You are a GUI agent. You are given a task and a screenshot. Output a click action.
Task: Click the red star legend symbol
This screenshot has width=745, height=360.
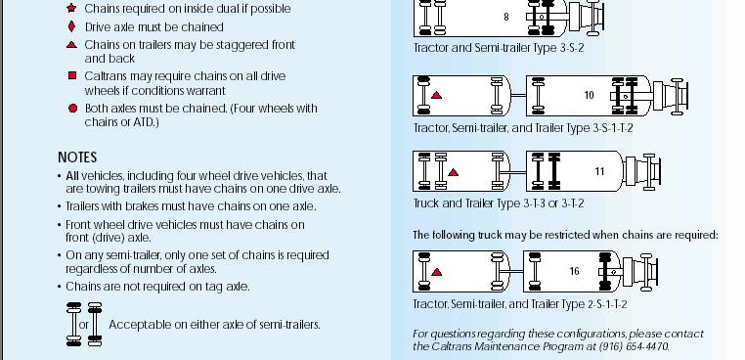71,8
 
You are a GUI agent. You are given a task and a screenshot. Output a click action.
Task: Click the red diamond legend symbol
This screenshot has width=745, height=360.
71,26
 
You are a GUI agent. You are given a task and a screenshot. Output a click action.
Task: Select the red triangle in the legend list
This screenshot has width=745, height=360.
71,45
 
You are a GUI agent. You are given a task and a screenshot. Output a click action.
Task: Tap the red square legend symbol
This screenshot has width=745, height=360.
72,75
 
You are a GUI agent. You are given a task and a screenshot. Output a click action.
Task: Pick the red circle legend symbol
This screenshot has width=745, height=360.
72,109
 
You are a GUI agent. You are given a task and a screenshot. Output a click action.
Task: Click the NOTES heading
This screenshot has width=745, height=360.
77,157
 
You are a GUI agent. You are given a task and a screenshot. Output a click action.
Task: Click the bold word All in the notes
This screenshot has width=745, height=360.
72,176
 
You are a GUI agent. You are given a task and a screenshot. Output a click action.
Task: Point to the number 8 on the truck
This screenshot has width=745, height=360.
506,17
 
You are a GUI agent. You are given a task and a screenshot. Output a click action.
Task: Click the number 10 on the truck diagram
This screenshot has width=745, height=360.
590,95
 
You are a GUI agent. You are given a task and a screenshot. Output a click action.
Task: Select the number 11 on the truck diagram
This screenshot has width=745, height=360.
599,171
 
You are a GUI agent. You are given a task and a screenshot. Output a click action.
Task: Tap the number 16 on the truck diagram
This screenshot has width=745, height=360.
575,271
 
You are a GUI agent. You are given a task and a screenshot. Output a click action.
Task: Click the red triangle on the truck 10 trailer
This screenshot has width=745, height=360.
436,95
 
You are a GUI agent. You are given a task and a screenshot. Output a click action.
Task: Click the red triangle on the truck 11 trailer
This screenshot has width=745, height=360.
454,172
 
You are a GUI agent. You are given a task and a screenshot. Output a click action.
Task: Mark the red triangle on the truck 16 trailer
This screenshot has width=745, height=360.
437,272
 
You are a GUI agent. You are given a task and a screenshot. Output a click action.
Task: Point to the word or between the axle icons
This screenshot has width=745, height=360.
84,325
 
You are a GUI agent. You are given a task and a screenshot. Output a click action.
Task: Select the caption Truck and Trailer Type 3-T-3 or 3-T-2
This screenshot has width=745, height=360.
499,203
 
